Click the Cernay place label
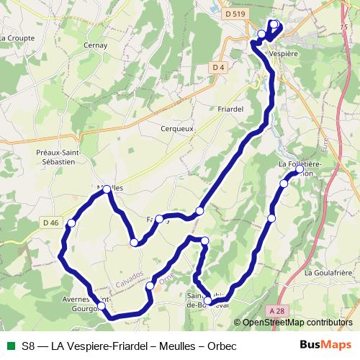pos(95,45)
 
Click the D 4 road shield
pos(220,68)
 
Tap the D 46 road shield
pos(50,223)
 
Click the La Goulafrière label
pos(328,273)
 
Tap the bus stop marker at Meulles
pos(107,189)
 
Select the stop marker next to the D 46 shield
pos(71,225)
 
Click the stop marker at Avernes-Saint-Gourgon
pos(102,306)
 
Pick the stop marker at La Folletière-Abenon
pos(300,171)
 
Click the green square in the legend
pos(9,345)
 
